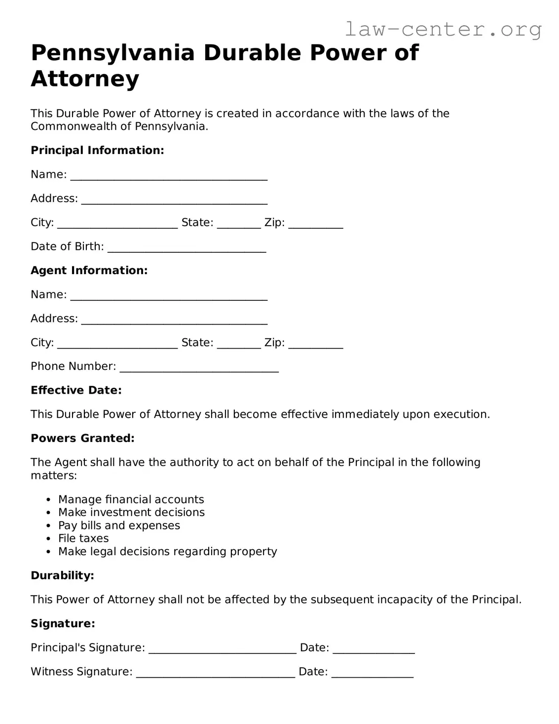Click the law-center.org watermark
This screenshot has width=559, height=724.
[443, 29]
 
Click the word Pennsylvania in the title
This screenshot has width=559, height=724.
[113, 53]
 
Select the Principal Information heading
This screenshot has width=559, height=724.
[97, 150]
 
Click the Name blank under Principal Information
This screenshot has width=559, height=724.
[169, 175]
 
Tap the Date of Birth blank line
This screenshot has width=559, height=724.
[186, 247]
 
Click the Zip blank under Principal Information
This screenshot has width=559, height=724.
[315, 223]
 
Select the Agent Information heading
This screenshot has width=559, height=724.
[89, 270]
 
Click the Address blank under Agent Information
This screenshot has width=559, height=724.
[174, 320]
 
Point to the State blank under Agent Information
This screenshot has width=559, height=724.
[238, 343]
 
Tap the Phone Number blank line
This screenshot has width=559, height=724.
[199, 367]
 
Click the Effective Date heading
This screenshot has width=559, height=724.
[76, 390]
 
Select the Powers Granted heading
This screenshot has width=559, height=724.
[82, 438]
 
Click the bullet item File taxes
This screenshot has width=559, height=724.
[83, 538]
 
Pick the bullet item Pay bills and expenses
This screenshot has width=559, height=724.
[119, 525]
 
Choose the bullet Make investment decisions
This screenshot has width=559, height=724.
[131, 513]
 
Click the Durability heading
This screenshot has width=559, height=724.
[62, 575]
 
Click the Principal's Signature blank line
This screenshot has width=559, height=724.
[222, 648]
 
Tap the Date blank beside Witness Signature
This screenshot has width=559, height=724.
[372, 673]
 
